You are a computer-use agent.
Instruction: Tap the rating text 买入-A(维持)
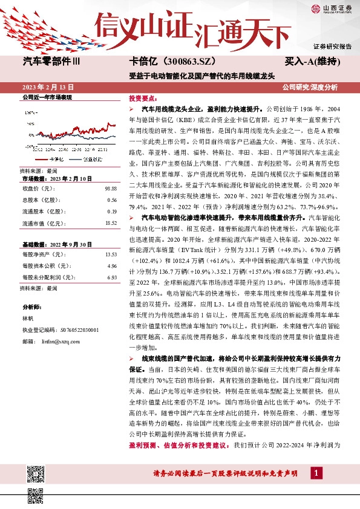tap(312, 62)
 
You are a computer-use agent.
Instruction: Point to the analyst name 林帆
tap(28, 316)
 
